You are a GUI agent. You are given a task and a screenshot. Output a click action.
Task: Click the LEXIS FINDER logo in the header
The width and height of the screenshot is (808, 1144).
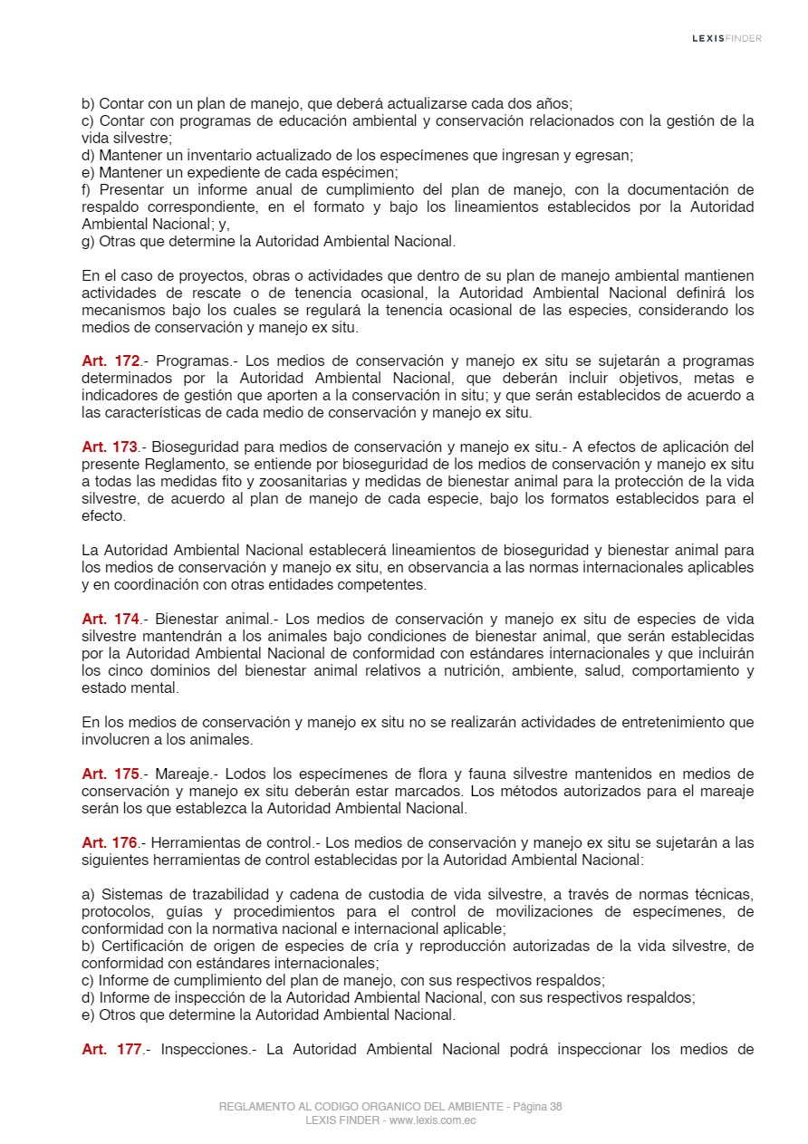(x=726, y=38)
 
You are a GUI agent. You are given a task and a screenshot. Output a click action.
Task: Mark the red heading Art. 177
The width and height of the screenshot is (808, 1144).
(x=111, y=1050)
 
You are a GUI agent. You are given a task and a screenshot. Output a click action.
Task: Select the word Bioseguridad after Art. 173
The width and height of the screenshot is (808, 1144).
(x=193, y=447)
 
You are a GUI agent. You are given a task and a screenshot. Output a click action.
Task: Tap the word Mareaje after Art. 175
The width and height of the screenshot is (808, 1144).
(x=182, y=774)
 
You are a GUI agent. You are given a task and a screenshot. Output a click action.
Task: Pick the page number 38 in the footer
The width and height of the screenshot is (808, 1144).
(x=555, y=1107)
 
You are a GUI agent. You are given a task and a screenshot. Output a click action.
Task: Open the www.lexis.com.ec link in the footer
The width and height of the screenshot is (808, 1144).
(x=433, y=1120)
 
